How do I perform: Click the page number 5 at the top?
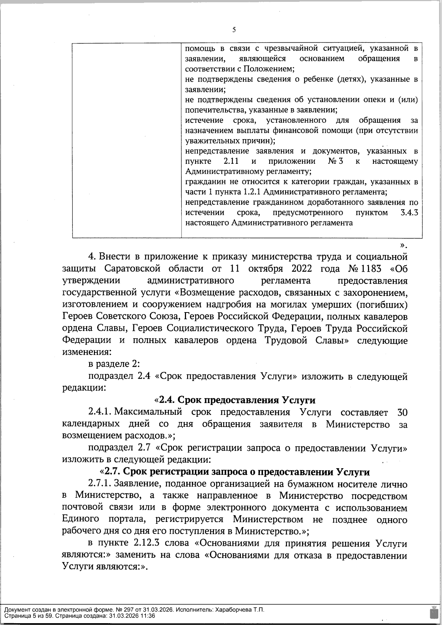click(234, 31)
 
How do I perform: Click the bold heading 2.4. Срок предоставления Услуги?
click(235, 400)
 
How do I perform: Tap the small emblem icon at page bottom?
click(433, 612)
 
